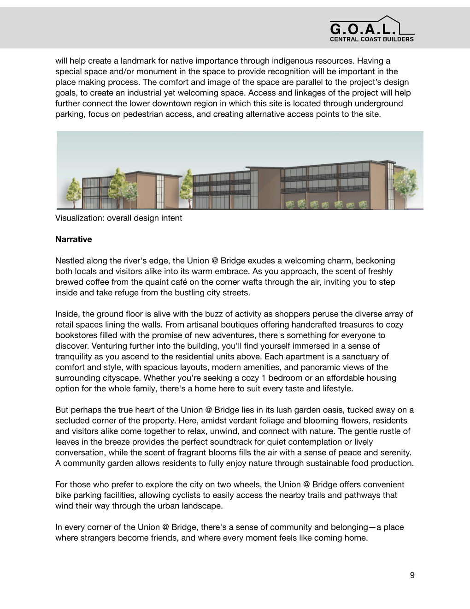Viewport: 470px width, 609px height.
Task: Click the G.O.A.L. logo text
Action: click(x=363, y=30)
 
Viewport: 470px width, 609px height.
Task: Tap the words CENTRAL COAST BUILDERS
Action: click(x=371, y=39)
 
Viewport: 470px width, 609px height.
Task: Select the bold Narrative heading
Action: click(x=73, y=239)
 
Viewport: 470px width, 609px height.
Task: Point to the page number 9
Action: click(x=412, y=575)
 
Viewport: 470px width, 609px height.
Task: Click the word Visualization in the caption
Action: click(x=80, y=218)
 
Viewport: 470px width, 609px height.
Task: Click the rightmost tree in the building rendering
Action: click(x=407, y=182)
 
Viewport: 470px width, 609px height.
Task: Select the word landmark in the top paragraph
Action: click(x=135, y=61)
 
